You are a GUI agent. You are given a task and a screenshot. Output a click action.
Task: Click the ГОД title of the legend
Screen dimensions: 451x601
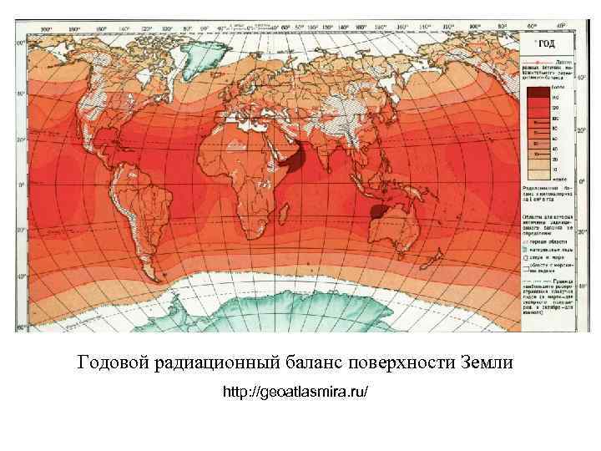coord(546,44)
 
